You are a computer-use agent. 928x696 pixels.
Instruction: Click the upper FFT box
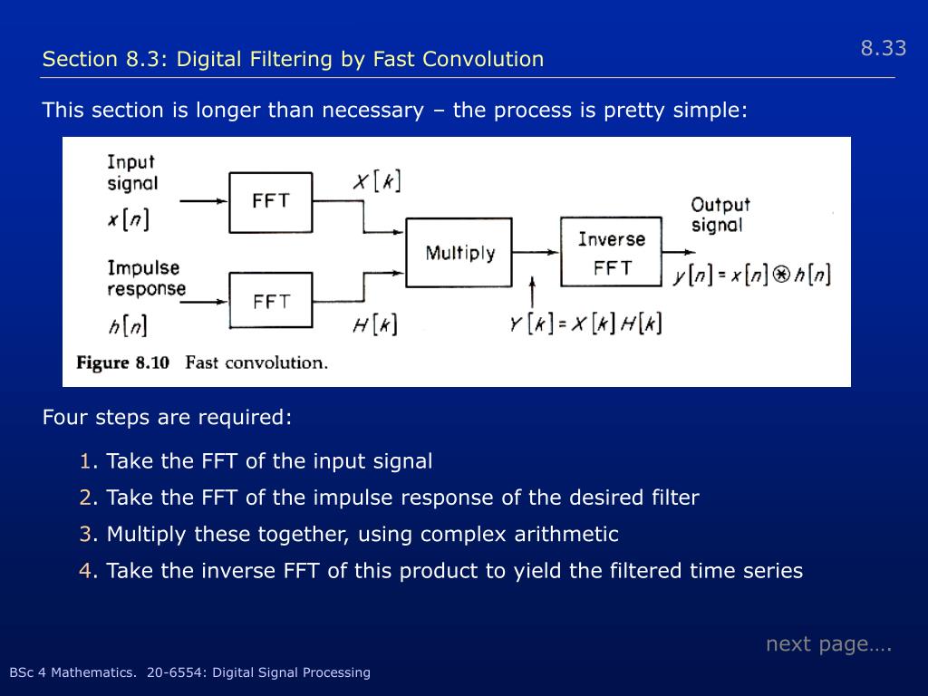click(271, 202)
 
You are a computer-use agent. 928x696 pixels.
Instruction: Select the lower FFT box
click(271, 300)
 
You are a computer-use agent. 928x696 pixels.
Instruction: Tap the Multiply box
click(459, 252)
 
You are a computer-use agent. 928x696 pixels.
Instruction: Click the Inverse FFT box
click(612, 253)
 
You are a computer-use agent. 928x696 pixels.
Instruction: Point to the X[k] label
click(376, 181)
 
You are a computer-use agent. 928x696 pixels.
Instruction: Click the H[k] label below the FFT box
click(374, 324)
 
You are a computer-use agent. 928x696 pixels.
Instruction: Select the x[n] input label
click(128, 219)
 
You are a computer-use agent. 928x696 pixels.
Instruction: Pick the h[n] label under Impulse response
click(128, 324)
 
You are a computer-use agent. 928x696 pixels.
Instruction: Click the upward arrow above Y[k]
click(532, 292)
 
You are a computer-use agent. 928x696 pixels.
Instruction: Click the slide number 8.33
click(883, 49)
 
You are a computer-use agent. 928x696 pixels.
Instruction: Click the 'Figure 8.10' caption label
click(123, 363)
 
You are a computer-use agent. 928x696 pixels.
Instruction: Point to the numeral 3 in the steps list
click(85, 535)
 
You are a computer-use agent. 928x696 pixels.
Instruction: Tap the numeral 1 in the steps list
click(85, 461)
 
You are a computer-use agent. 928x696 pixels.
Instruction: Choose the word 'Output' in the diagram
click(720, 205)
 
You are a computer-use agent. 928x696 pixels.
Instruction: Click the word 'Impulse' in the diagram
click(143, 268)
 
